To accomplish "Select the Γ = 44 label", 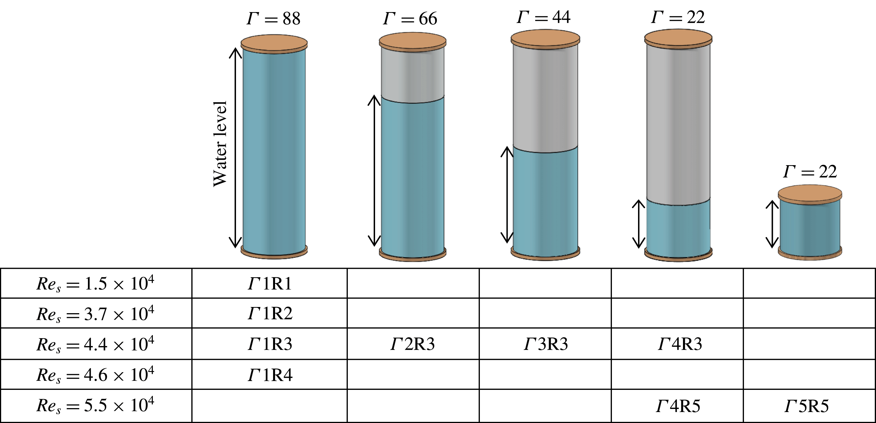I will tap(543, 17).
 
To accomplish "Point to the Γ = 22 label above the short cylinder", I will tap(810, 172).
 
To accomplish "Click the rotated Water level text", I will tap(220, 144).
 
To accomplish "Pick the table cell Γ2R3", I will tap(412, 344).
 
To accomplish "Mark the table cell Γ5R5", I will tap(807, 406).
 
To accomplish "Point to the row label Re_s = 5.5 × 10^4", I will tap(95, 406).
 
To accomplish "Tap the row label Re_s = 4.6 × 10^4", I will tap(95, 375).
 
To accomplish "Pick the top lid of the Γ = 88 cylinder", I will tap(274, 44).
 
